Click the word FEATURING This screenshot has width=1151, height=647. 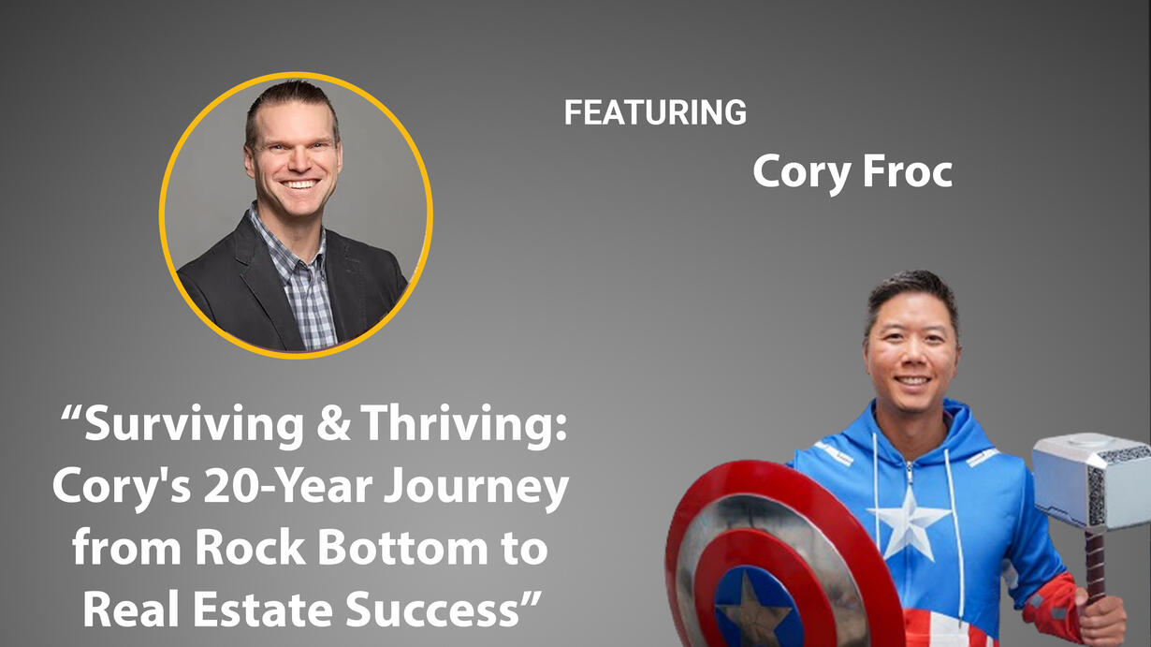[655, 112]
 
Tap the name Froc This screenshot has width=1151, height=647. [908, 171]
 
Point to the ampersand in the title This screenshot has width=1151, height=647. [333, 424]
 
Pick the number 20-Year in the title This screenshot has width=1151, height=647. [288, 487]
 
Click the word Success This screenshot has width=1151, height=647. [431, 609]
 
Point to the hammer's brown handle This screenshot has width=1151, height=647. [1095, 566]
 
